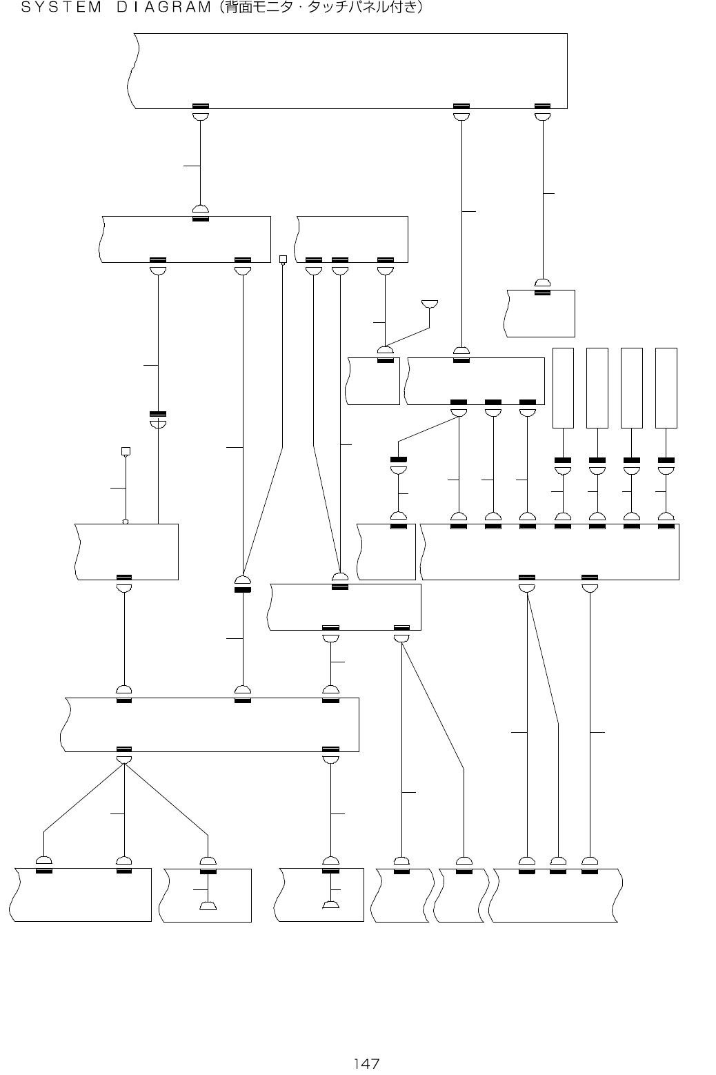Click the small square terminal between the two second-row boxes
click(282, 259)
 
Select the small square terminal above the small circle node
click(126, 451)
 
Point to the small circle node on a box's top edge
click(126, 522)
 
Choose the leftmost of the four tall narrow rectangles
click(564, 388)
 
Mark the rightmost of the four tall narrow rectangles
click(666, 388)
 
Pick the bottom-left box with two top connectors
click(83, 896)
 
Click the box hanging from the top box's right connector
click(541, 314)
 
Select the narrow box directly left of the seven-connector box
click(387, 552)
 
